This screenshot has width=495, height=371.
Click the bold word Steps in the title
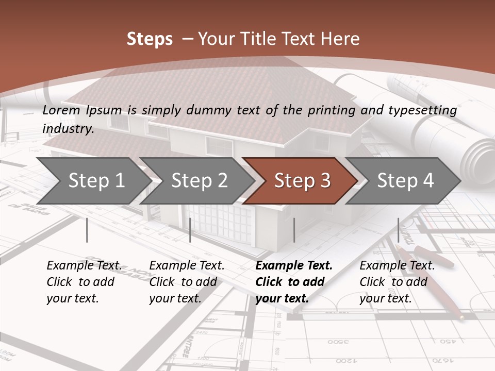tap(150, 39)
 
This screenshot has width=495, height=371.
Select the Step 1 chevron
tap(96, 180)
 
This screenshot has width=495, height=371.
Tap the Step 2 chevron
tap(199, 180)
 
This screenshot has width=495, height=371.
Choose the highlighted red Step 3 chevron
tap(302, 180)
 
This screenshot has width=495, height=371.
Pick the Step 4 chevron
tap(405, 180)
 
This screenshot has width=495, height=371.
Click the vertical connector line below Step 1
tap(87, 230)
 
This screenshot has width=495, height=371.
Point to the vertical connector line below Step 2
tap(190, 230)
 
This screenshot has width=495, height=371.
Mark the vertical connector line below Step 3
tap(294, 230)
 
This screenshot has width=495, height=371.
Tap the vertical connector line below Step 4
tap(398, 230)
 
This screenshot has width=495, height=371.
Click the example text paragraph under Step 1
tap(84, 282)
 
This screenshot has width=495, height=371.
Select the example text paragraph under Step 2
tap(187, 282)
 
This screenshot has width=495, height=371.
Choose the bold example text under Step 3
tap(294, 282)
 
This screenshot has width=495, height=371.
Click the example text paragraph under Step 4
tap(397, 282)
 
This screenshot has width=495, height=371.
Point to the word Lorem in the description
tap(61, 110)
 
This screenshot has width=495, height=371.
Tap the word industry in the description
tap(68, 128)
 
